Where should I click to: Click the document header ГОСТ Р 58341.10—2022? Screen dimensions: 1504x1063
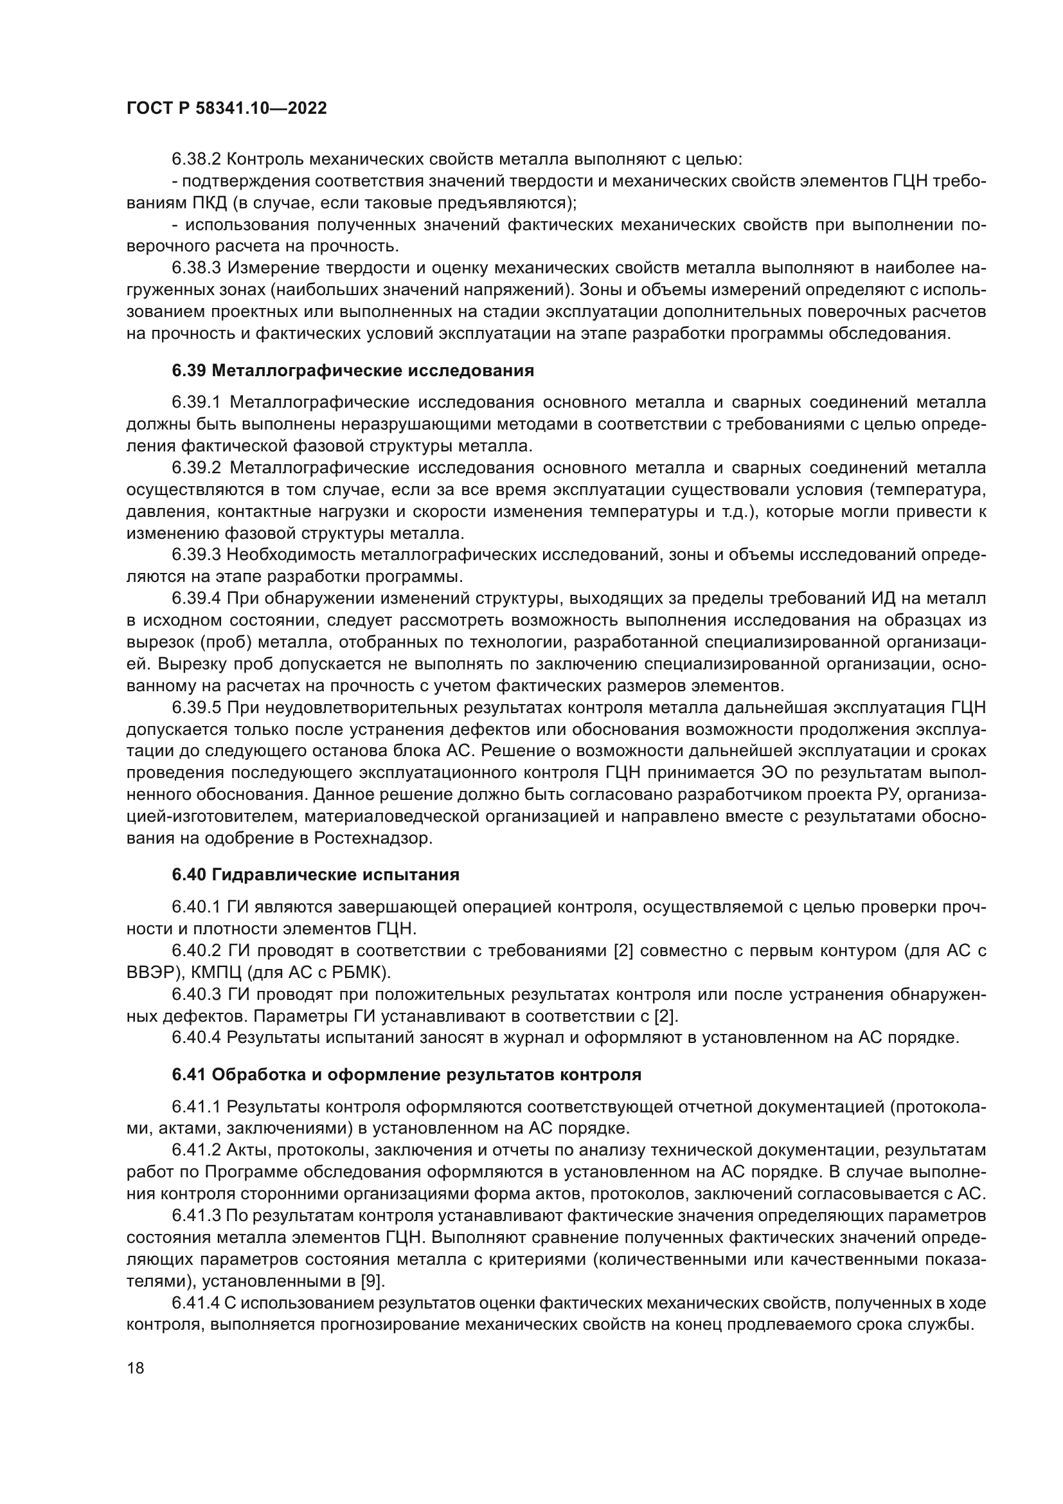click(x=226, y=109)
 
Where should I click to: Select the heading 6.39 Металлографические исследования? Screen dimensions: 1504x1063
click(x=353, y=371)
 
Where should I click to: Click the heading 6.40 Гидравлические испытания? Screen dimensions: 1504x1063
click(x=316, y=874)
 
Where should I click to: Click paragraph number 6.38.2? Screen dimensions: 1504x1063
click(x=197, y=159)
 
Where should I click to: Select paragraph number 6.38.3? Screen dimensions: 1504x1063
click(x=197, y=268)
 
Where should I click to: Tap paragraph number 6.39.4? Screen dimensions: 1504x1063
click(x=197, y=598)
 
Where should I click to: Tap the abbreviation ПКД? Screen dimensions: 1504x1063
click(x=206, y=203)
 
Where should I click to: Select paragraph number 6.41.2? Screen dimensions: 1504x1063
click(x=197, y=1150)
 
